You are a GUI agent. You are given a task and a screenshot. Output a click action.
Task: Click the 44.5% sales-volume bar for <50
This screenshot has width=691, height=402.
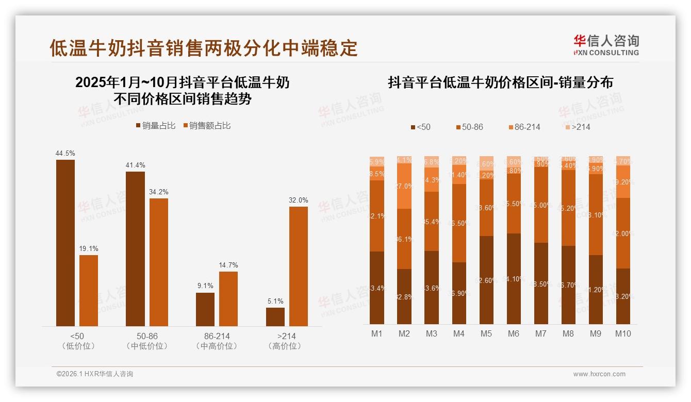(x=65, y=243)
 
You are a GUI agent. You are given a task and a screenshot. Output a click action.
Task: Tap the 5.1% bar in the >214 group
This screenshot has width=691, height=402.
(x=275, y=317)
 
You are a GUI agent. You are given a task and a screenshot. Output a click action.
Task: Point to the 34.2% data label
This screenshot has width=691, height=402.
(x=159, y=192)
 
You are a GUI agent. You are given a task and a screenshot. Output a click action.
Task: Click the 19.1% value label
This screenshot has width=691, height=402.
(x=89, y=248)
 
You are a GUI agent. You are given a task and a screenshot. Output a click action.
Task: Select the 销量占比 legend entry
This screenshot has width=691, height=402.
(x=156, y=126)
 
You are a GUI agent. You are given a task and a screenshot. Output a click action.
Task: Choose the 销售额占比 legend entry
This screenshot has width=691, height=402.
(x=207, y=126)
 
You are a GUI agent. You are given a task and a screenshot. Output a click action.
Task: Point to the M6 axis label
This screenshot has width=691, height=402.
(x=513, y=333)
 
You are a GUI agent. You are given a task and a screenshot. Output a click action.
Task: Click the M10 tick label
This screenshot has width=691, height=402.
(x=623, y=333)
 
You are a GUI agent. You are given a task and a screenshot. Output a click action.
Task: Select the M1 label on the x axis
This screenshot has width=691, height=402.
(x=377, y=333)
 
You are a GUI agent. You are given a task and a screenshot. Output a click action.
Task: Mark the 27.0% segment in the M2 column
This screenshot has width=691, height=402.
(x=404, y=186)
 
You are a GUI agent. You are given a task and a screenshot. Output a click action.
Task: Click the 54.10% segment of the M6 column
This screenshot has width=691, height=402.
(x=514, y=279)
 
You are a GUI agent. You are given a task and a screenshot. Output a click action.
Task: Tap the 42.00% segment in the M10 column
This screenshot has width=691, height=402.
(x=623, y=233)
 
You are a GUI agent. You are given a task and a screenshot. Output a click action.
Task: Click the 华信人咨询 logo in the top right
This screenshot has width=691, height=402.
(x=606, y=45)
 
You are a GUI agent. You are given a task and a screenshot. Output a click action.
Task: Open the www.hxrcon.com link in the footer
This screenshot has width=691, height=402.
(x=599, y=374)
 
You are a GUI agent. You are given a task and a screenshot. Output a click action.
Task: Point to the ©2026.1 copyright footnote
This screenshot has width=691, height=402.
(x=95, y=374)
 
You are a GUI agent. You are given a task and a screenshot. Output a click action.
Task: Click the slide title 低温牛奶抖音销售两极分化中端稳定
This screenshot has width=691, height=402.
(x=203, y=48)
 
